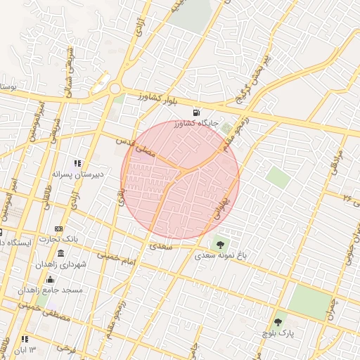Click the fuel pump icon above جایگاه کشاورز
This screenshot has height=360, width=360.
click(x=195, y=112)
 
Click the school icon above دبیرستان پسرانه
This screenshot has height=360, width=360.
click(x=77, y=163)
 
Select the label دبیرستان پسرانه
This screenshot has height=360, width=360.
click(x=78, y=173)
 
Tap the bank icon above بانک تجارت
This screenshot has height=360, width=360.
click(x=58, y=229)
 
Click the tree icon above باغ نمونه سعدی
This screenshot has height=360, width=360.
click(x=221, y=245)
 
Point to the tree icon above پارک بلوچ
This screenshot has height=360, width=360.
click(x=278, y=322)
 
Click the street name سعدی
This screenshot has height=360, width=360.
click(x=163, y=247)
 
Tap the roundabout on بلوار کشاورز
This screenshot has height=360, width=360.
click(x=115, y=89)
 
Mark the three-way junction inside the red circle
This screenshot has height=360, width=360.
click(x=181, y=173)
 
